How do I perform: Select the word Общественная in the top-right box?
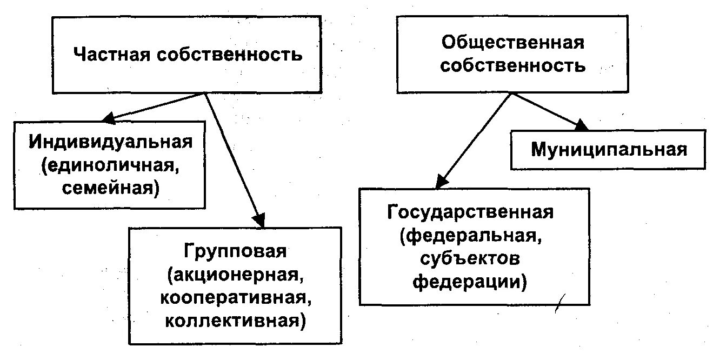512,42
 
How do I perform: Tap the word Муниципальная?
609,149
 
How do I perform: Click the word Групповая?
235,251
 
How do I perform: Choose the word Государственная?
470,212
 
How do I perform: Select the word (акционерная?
235,275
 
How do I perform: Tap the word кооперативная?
235,298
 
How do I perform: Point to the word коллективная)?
235,321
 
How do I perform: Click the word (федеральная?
470,236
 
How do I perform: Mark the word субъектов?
470,259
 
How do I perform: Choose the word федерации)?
470,282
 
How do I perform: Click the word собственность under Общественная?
512,65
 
